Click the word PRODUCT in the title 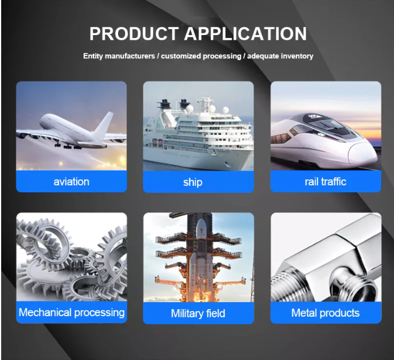point(134,33)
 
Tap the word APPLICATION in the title point(246,33)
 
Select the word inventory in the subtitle point(297,56)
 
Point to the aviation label point(71,182)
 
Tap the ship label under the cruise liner point(193,182)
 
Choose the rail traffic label point(326,182)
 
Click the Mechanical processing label point(72,313)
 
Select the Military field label point(198,313)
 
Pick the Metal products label point(326,313)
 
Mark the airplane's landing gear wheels point(68,146)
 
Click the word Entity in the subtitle point(93,56)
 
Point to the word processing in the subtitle point(222,56)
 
